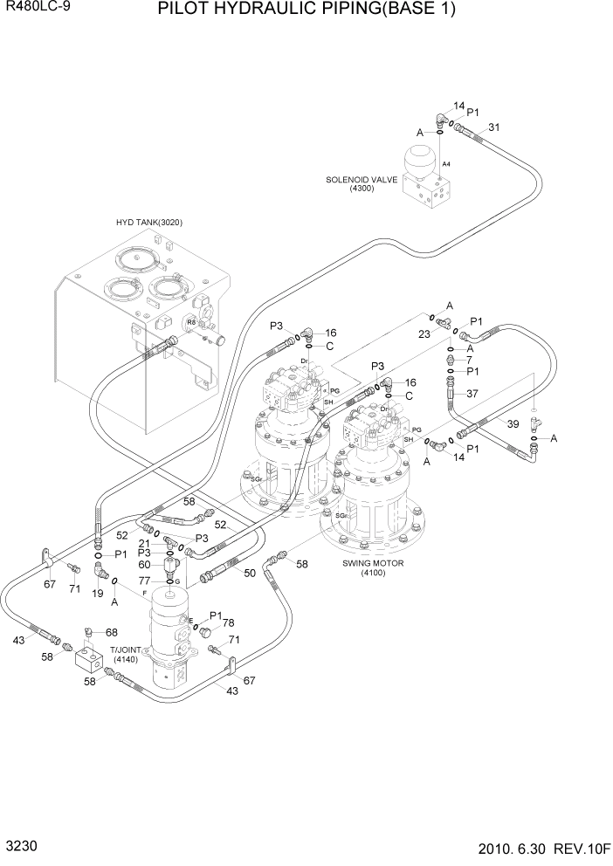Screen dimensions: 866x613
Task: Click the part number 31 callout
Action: tap(494, 127)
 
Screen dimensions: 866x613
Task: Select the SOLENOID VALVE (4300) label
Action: tap(362, 183)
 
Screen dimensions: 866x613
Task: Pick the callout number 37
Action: tap(472, 393)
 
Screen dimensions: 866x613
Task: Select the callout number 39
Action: tap(513, 424)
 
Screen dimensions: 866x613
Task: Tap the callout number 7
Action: tap(469, 360)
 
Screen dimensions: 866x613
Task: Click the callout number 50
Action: tap(250, 573)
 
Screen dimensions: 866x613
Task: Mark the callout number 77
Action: tap(146, 580)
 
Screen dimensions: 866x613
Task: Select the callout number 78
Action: tap(228, 622)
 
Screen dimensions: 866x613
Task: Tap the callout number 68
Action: tap(112, 632)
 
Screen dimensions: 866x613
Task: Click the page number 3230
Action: tap(19, 847)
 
